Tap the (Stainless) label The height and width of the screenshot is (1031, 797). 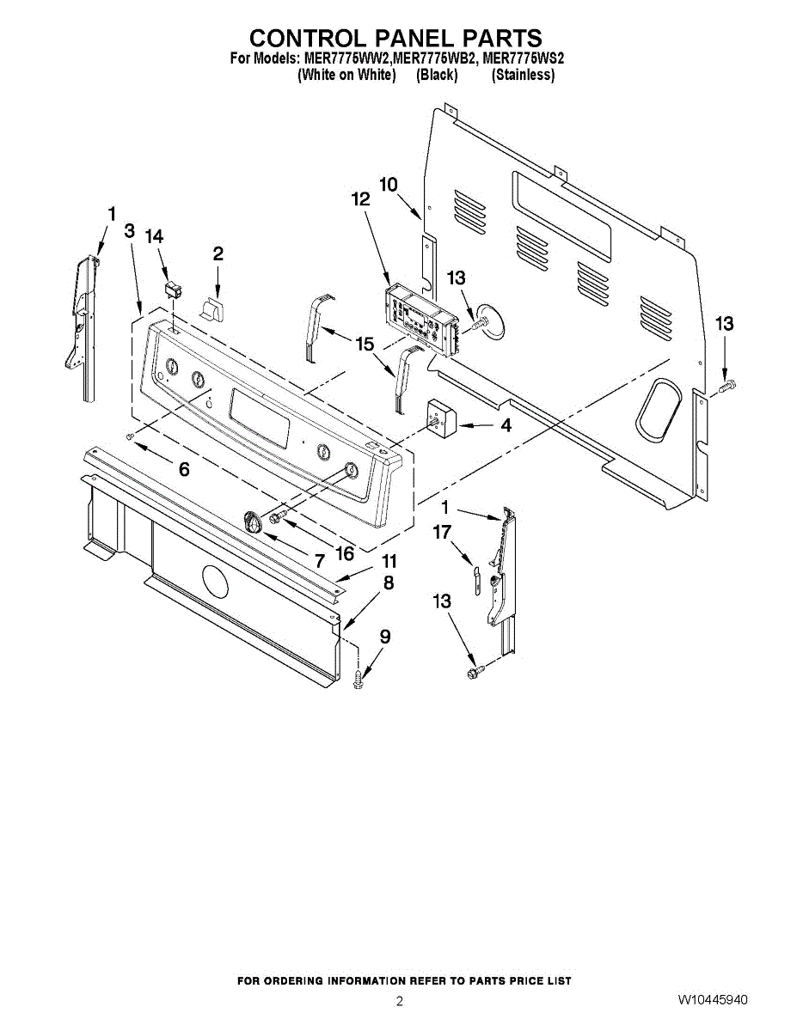[523, 76]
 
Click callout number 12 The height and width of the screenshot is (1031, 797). [360, 199]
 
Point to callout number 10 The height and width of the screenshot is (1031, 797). [389, 184]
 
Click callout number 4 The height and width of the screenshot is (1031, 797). [506, 424]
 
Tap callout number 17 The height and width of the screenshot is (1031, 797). [442, 533]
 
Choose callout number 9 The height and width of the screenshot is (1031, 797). [385, 637]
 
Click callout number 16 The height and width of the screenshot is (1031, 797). [345, 554]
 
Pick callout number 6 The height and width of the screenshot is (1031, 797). [184, 469]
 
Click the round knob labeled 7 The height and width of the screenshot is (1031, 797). [255, 521]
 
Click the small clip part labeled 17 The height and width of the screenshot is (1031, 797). [472, 575]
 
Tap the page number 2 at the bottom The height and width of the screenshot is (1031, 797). [399, 1001]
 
